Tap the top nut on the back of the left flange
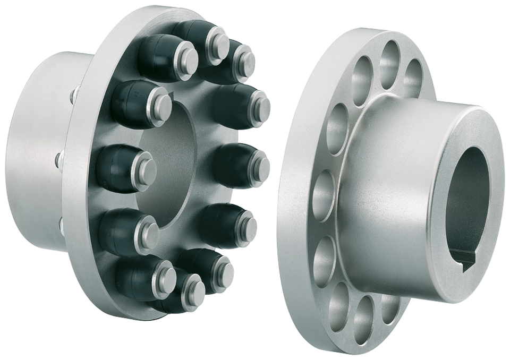(73, 97)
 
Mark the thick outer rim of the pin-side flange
(80, 159)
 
